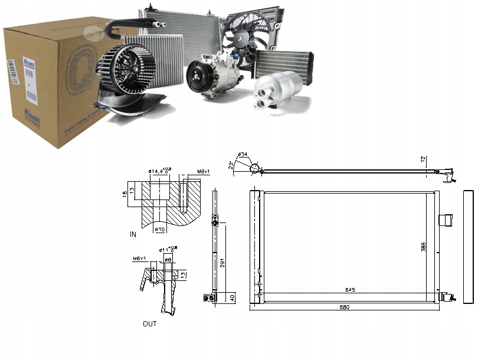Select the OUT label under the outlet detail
pos(149,324)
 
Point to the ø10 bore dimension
pos(158,229)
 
